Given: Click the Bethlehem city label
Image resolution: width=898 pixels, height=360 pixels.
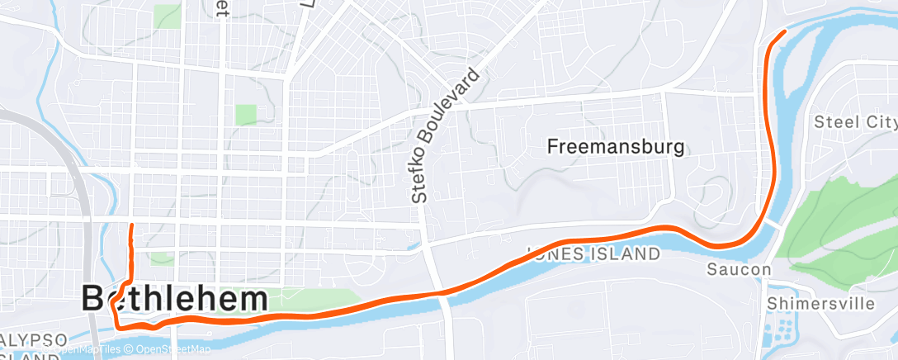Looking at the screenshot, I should [x=175, y=299].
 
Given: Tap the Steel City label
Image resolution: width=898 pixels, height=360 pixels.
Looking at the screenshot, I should [x=854, y=122].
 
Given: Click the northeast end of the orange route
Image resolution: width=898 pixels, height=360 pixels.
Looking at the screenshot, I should [x=784, y=31].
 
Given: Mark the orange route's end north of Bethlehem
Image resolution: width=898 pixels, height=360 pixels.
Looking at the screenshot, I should [x=131, y=225].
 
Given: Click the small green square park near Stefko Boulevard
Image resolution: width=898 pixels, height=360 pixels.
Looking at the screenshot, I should [x=246, y=114].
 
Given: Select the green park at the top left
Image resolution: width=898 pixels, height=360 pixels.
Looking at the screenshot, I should [x=167, y=15].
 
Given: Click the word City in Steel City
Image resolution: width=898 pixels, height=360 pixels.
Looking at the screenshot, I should [x=880, y=122].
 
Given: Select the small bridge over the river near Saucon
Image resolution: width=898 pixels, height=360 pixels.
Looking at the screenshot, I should [x=773, y=225].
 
